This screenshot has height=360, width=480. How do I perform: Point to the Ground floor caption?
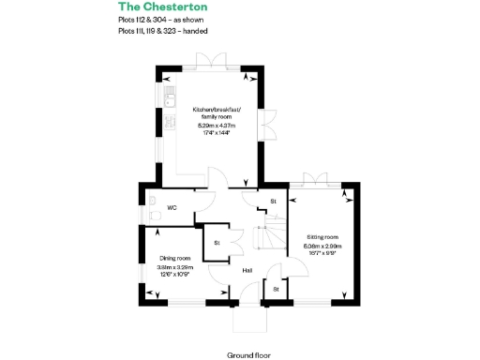coord(247,355)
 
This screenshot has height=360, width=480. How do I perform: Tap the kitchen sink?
coord(170,97)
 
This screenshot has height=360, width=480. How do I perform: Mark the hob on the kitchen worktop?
coord(170,122)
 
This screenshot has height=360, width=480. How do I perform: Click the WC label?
coord(172,207)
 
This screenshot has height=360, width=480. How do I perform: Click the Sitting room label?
coord(322,237)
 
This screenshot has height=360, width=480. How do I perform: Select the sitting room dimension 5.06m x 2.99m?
coord(322,246)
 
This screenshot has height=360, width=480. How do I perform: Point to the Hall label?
coord(247,271)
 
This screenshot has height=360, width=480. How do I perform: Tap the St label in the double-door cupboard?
coord(217,243)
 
